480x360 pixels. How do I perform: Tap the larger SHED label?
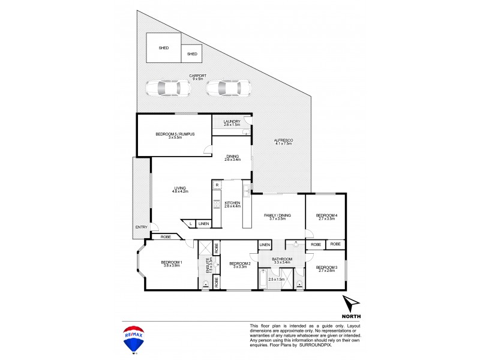tap(163, 48)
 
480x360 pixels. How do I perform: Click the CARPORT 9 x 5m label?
tap(197, 77)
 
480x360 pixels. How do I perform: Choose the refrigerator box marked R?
tap(217, 185)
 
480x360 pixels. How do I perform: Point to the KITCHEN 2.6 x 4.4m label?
tap(232, 205)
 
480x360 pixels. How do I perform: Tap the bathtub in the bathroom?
tap(263, 280)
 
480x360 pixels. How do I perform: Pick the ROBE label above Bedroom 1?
tap(165, 237)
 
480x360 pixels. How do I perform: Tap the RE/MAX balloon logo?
tap(134, 339)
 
